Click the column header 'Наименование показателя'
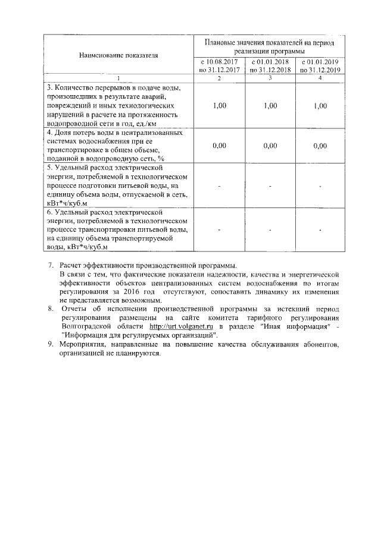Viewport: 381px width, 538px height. pyautogui.click(x=118, y=55)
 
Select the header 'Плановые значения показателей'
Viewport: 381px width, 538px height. pyautogui.click(x=270, y=46)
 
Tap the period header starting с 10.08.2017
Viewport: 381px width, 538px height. pyautogui.click(x=220, y=65)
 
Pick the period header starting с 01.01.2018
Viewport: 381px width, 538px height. pyautogui.click(x=270, y=65)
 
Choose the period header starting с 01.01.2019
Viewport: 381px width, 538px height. pyautogui.click(x=320, y=65)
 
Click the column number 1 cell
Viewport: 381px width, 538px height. pyautogui.click(x=118, y=78)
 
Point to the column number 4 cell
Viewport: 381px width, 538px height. pyautogui.click(x=320, y=78)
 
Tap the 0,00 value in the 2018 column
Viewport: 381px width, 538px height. pyautogui.click(x=270, y=145)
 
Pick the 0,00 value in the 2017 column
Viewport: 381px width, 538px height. pyautogui.click(x=220, y=145)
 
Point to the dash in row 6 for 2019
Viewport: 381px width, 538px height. pyautogui.click(x=320, y=229)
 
